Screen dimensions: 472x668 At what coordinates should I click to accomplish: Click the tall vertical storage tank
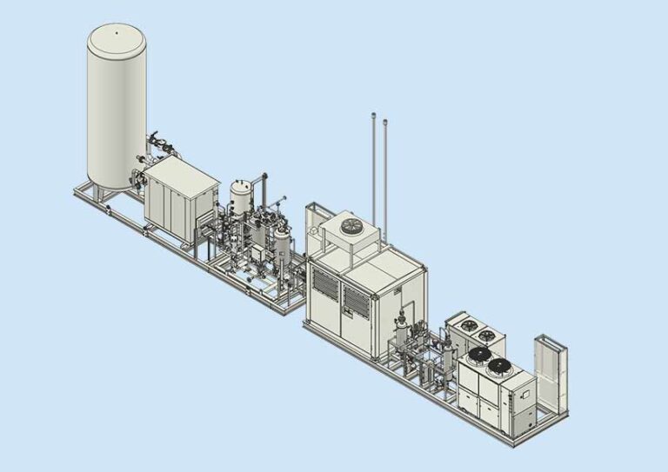coord(116,104)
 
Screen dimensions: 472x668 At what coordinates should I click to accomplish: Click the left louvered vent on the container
coord(324,288)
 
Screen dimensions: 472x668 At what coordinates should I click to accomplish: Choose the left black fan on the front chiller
coord(478,356)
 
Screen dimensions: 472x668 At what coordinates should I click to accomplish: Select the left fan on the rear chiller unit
coord(469,326)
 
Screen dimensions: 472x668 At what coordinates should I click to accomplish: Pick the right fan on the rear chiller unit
coord(487,334)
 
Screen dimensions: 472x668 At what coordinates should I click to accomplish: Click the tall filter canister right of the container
coord(403,330)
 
